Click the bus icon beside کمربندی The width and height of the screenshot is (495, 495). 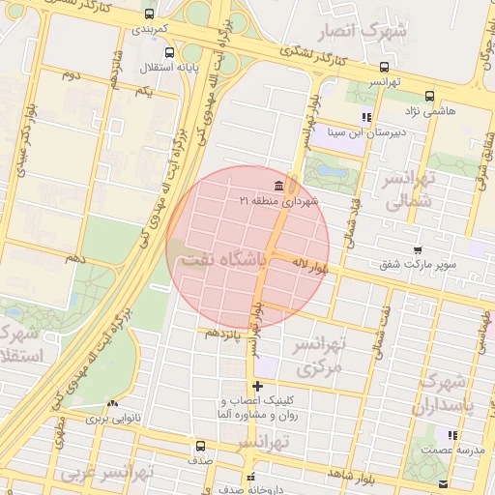[148, 15]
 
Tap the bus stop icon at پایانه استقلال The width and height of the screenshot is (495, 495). [170, 53]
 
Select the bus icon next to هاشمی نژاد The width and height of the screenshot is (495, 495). [429, 96]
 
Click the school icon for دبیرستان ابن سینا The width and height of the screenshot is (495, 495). [366, 118]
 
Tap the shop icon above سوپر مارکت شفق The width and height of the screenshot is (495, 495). [418, 250]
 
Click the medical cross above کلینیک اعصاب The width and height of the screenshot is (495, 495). [257, 387]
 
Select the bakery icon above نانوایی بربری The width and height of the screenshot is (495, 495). [114, 405]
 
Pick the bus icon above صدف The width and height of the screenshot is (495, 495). [200, 446]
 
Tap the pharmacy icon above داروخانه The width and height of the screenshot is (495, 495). [251, 477]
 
